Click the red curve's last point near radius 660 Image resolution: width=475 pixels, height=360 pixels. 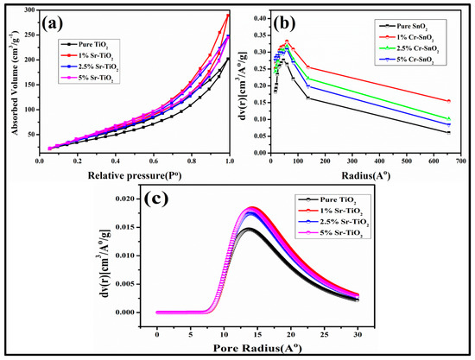coord(448,101)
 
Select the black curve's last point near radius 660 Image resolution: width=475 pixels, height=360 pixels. coord(448,132)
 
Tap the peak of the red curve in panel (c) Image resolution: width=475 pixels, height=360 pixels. coord(253,207)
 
